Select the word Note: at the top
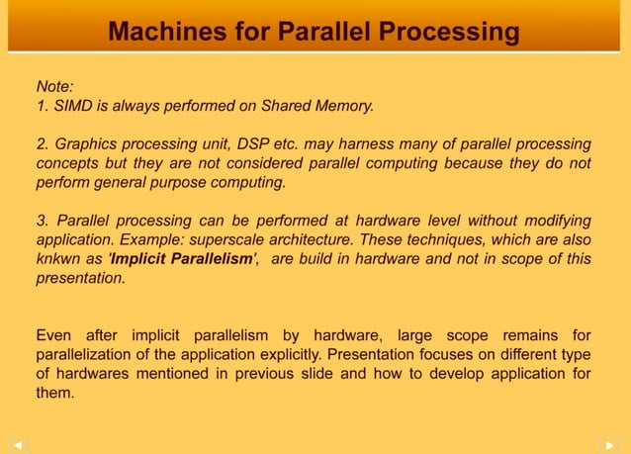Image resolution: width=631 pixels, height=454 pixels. pos(54,86)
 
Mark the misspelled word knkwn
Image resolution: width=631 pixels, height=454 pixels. pos(58,259)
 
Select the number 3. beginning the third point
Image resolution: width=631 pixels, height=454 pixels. pos(44,220)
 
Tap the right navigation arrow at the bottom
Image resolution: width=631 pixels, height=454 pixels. pos(611,444)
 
